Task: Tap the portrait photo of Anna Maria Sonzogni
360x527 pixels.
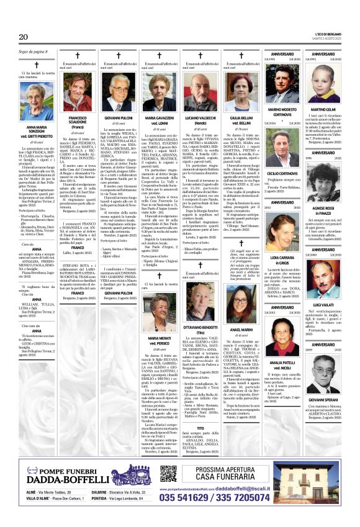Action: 36,105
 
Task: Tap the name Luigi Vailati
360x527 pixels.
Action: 323,305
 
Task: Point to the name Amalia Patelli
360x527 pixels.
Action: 282,363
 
